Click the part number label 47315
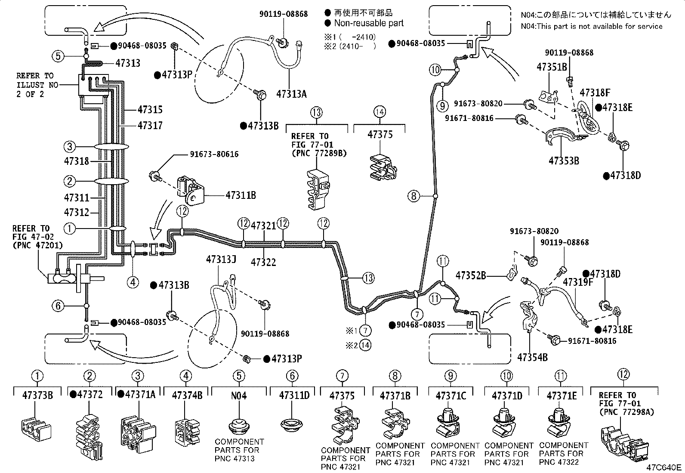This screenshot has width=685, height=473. pos(150,109)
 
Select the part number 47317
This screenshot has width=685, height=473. pos(150,125)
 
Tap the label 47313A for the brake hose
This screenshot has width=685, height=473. pos(291,94)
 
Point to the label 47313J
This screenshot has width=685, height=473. pos(221,260)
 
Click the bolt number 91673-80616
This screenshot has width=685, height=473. pos(214,154)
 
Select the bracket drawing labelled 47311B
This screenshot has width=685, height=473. pos(191,190)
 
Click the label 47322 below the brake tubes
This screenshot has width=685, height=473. pos(263,262)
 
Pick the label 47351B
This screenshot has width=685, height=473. pos(552,67)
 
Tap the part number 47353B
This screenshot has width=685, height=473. pos(564,161)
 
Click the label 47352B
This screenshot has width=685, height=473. pos(471,275)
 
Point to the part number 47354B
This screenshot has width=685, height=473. pos(532,357)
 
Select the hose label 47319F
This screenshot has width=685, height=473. pos(578,282)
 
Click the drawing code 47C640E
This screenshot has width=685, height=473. pos(664,467)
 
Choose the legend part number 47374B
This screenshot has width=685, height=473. pos(187,396)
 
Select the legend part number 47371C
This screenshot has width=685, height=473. pos(451,396)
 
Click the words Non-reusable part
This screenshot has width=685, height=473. pos(369,23)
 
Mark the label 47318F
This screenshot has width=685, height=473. pos(595,93)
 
